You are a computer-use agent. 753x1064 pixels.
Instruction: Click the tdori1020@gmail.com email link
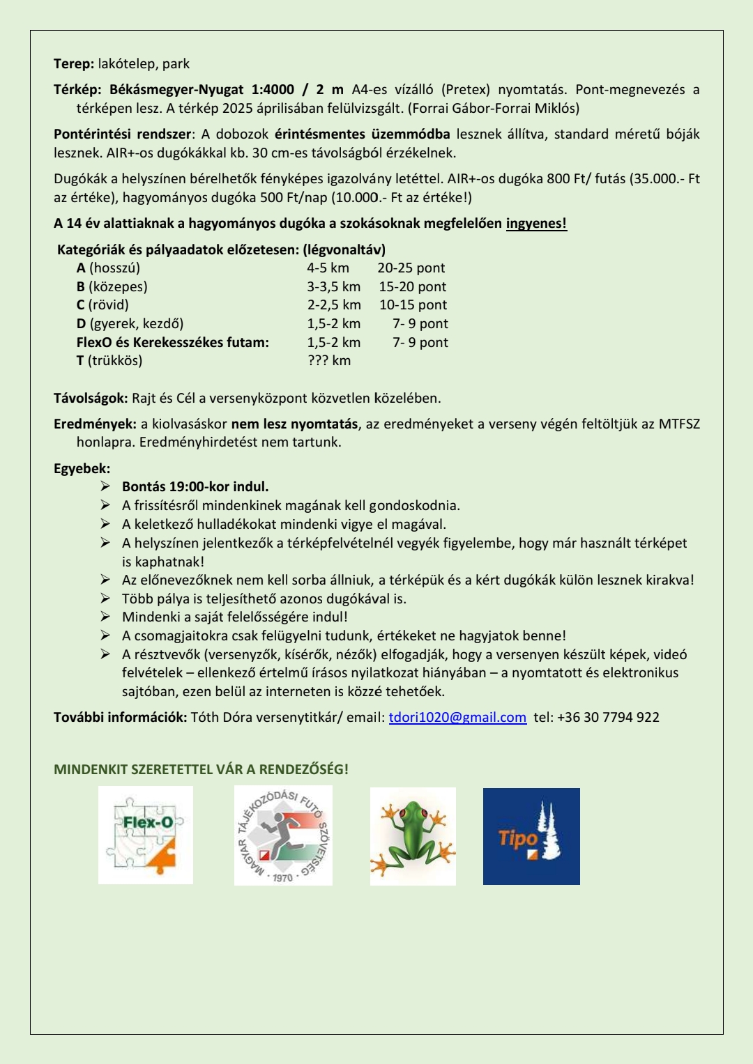tap(457, 718)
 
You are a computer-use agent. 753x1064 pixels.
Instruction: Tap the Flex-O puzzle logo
tap(146, 835)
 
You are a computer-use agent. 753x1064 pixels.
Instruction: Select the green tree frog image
tap(413, 836)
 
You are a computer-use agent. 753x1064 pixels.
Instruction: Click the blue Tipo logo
tap(531, 836)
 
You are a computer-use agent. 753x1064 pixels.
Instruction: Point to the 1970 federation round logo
tap(283, 835)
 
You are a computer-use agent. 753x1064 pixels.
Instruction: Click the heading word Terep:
tap(74, 64)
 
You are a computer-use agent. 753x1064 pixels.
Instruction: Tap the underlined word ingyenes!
tap(536, 224)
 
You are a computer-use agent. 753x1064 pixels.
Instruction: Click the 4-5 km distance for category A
tap(328, 268)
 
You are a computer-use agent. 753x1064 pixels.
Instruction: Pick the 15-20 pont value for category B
tap(413, 287)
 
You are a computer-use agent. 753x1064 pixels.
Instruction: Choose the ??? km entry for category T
tap(329, 361)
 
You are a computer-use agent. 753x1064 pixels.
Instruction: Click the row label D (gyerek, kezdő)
tap(130, 324)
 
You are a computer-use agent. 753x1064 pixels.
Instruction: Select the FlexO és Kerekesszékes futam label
tap(172, 343)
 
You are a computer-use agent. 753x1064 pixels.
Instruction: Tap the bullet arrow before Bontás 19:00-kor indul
tap(105, 486)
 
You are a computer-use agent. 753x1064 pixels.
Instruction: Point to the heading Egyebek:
tap(82, 469)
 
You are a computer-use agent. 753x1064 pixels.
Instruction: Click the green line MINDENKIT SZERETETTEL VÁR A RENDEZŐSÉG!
tap(201, 770)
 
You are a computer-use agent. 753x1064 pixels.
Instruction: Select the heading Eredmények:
tap(95, 424)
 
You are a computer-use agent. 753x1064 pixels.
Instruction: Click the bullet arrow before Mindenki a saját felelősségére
tap(105, 617)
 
